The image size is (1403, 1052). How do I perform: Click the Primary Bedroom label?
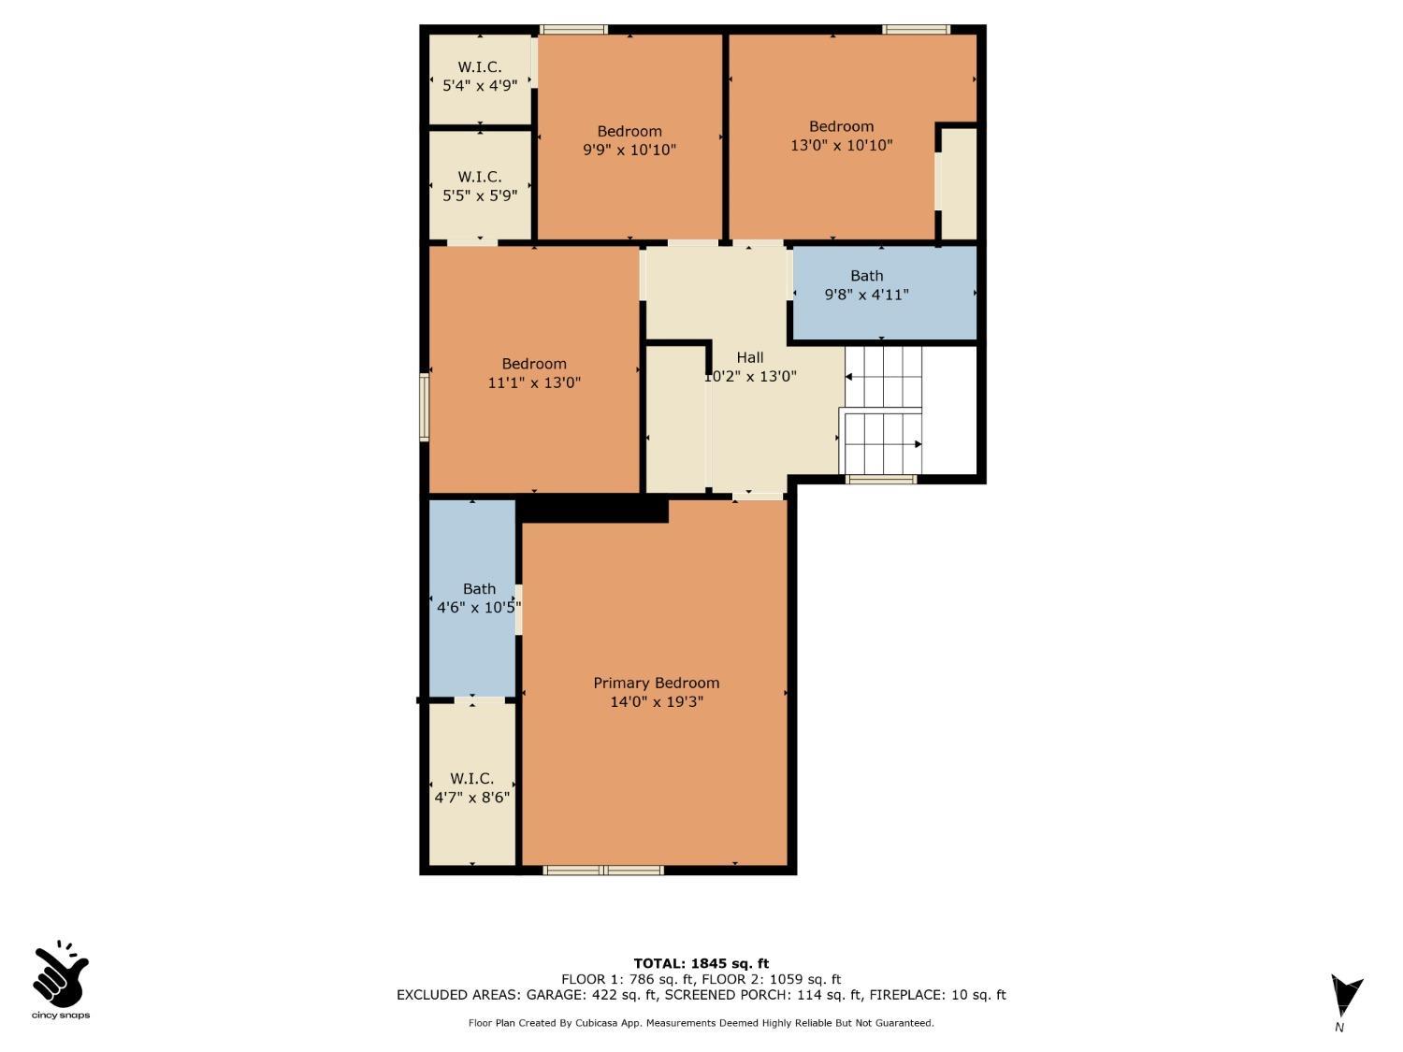[656, 684]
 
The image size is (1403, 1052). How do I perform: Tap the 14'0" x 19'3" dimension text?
[656, 702]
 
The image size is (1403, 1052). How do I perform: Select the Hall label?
[750, 358]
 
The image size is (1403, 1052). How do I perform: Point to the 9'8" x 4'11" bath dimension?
[866, 295]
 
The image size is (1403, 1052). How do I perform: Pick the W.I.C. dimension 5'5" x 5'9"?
[480, 195]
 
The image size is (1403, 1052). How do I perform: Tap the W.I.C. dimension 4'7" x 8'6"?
[471, 797]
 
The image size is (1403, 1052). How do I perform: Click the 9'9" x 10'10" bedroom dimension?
[629, 151]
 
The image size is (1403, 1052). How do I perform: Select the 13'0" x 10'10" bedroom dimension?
[841, 146]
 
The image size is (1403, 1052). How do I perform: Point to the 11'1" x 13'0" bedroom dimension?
[534, 382]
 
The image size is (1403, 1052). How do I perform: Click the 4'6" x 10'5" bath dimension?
[478, 608]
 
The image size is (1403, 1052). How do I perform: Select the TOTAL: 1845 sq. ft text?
[701, 963]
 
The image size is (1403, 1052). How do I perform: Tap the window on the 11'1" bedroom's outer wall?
[424, 408]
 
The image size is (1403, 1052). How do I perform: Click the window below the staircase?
[881, 480]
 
